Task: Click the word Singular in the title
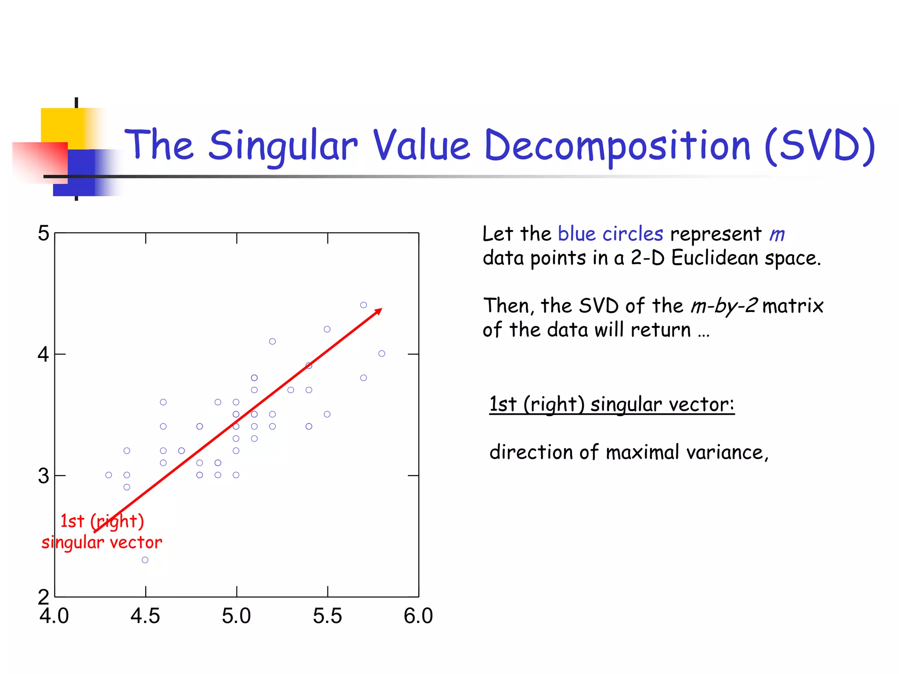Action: pos(283,146)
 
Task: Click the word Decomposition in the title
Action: pos(617,146)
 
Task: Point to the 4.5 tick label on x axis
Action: pos(145,616)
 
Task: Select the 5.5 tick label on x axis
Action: pos(327,616)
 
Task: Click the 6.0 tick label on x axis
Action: pos(418,616)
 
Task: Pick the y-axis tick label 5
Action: pos(43,233)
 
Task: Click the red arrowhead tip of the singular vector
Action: pos(381,309)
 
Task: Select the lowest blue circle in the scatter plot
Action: pos(145,560)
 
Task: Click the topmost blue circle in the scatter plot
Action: pos(363,305)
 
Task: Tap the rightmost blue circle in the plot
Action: pos(382,354)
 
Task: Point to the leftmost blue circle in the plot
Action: pos(108,475)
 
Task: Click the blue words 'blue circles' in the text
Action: pos(610,234)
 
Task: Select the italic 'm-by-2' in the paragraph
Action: pos(724,306)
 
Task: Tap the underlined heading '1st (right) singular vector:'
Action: pos(611,404)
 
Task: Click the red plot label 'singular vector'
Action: pos(102,543)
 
